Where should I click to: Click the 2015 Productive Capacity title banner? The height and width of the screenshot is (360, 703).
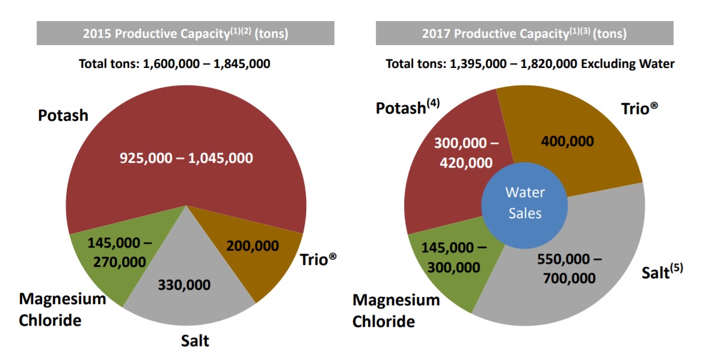(x=185, y=33)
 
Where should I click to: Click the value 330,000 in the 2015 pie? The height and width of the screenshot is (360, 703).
(x=184, y=284)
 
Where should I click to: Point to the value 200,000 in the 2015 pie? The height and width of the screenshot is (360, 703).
(x=252, y=246)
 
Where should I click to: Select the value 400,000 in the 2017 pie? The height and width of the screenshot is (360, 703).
(x=567, y=142)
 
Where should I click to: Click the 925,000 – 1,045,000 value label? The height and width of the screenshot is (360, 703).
(x=186, y=159)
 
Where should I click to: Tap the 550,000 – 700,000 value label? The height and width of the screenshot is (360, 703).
(x=568, y=269)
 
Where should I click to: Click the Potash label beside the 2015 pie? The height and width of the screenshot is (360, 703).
(x=63, y=115)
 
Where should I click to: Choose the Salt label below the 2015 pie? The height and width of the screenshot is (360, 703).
(x=195, y=341)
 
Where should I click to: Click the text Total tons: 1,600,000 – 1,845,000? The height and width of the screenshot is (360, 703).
(x=174, y=63)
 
